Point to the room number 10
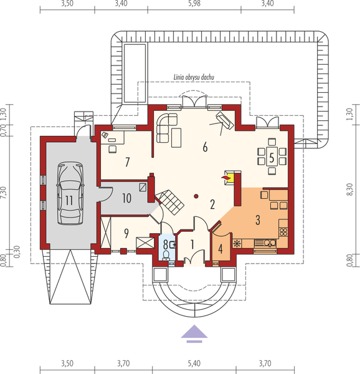(126, 198)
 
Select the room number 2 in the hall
(212, 204)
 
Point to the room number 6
(204, 148)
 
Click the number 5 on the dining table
(272, 156)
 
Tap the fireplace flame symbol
(226, 179)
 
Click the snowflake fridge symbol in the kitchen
(237, 242)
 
